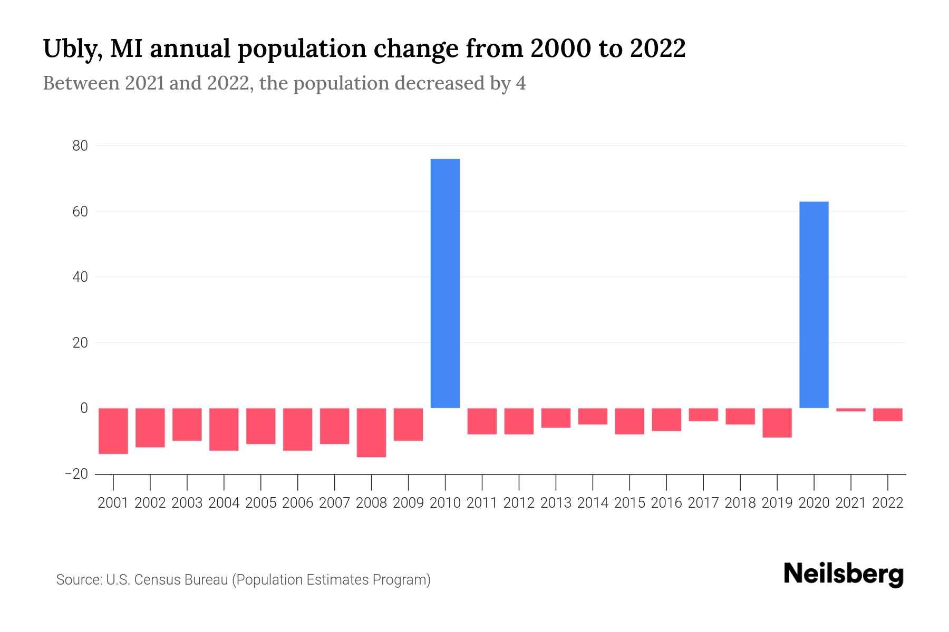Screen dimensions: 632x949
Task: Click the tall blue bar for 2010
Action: [445, 283]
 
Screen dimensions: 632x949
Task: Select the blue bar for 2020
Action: [814, 304]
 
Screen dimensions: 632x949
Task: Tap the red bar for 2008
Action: [371, 432]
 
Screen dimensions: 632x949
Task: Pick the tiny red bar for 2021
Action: [850, 410]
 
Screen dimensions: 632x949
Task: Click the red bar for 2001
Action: [113, 431]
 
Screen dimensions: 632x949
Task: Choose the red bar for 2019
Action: [777, 422]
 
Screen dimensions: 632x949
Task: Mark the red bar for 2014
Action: [593, 416]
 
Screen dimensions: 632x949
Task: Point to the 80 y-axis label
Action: [80, 146]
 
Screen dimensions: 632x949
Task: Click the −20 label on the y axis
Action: [76, 474]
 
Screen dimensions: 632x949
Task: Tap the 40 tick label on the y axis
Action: [80, 277]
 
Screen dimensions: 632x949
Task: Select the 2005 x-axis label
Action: [260, 503]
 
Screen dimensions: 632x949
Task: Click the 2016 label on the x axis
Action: [666, 503]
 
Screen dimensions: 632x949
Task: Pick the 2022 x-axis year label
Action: [887, 503]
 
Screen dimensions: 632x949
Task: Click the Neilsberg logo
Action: [844, 575]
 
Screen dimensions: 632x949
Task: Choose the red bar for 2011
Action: [482, 421]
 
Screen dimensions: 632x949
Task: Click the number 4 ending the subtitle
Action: [520, 83]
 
